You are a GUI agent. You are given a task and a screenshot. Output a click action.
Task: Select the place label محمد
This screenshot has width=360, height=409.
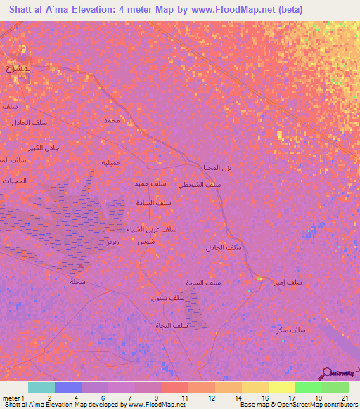[x=112, y=120]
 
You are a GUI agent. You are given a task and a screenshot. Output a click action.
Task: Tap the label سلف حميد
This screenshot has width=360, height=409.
[x=150, y=183]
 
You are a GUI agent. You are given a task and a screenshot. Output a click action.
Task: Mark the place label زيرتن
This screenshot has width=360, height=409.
[x=110, y=241]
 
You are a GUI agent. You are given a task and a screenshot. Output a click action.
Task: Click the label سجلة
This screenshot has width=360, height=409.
[x=77, y=281]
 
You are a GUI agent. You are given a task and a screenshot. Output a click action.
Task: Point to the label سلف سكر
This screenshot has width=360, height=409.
[x=290, y=330]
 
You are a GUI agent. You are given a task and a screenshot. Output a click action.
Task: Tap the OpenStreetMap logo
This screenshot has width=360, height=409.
[x=337, y=375]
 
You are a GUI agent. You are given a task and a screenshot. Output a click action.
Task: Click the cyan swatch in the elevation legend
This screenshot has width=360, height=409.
[x=41, y=387]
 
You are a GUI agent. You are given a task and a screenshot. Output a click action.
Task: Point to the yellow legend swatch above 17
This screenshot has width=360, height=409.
[x=281, y=387]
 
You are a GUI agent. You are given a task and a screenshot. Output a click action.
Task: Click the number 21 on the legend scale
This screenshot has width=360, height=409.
[x=345, y=398]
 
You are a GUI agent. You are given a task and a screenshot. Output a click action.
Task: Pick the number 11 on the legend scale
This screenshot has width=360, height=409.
[x=184, y=398]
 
